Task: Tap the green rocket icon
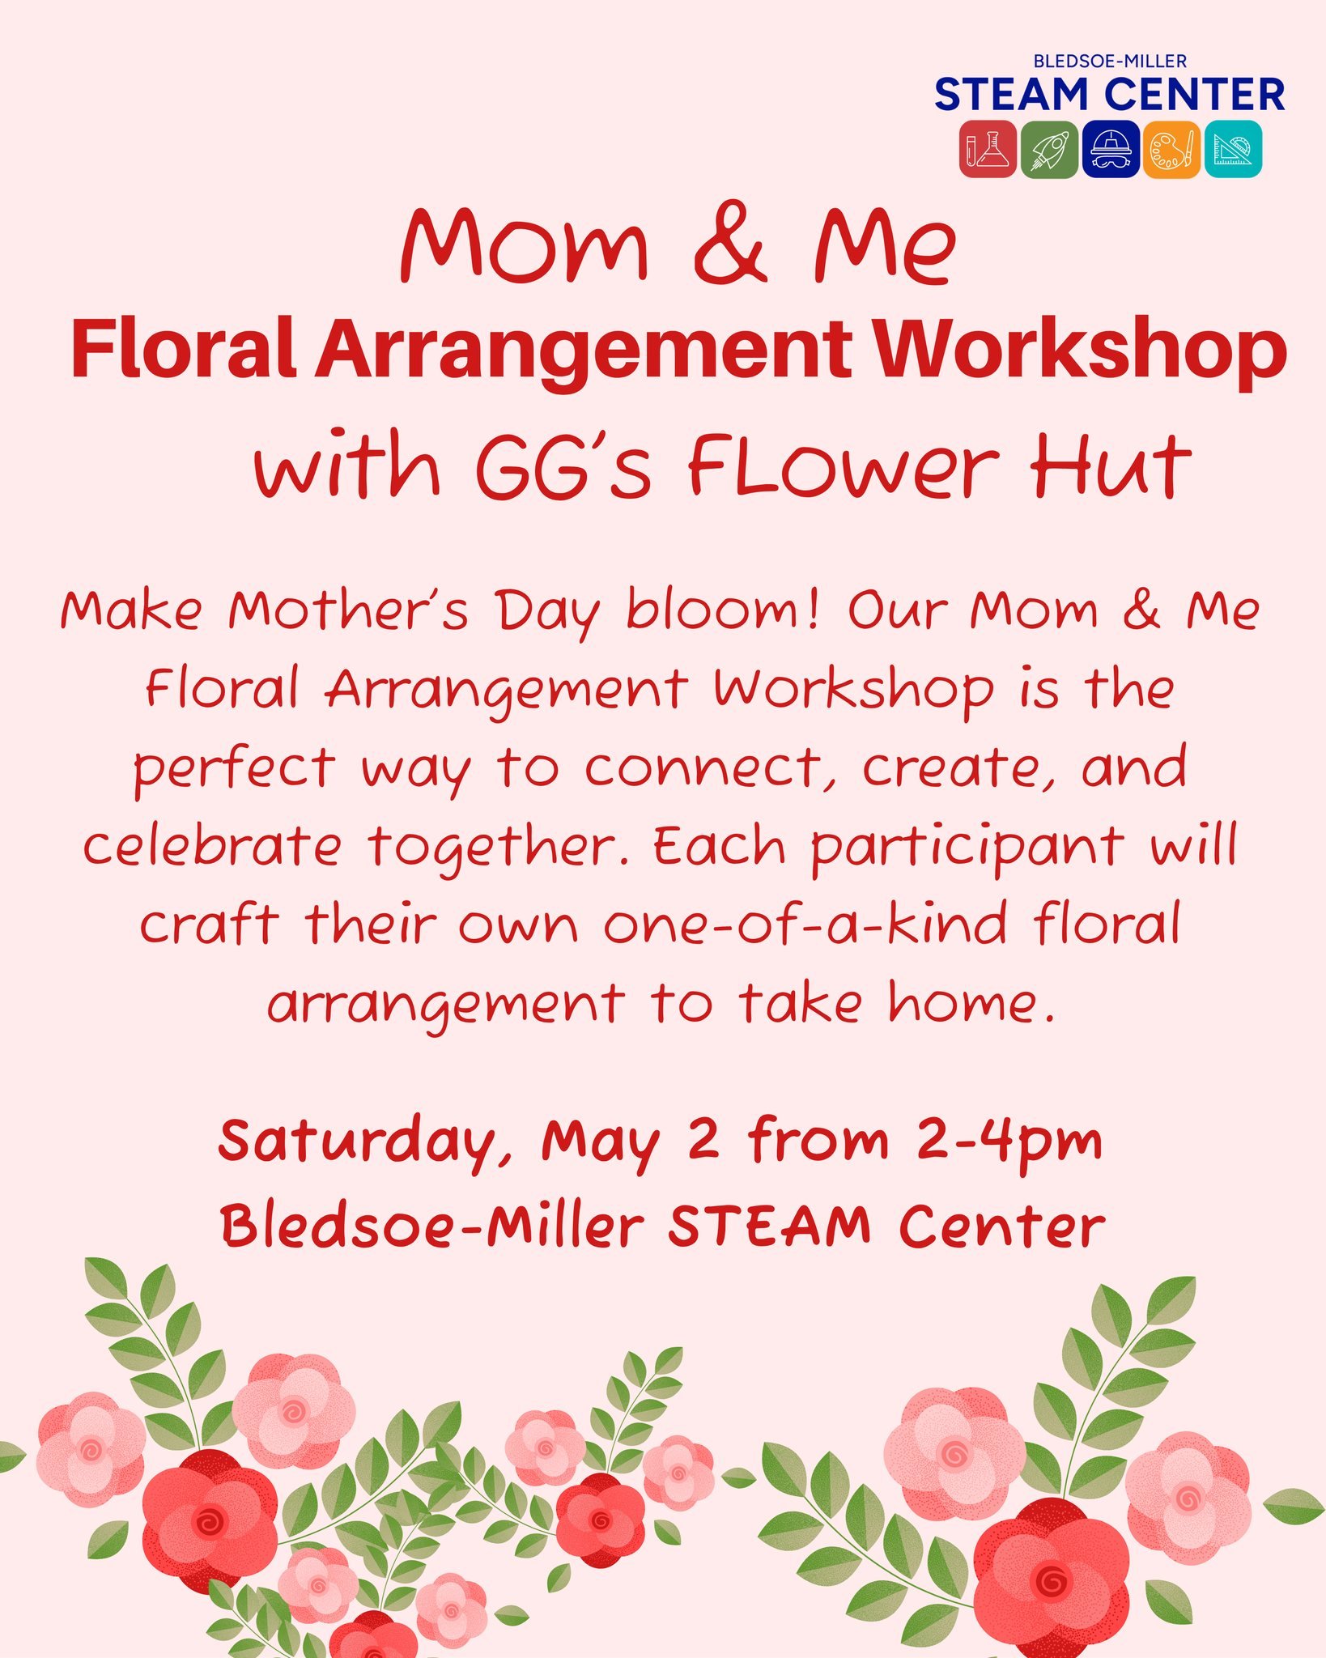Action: [x=1049, y=149]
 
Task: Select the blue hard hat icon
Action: [x=1111, y=149]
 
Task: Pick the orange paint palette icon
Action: [x=1171, y=149]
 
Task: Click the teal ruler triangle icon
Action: [x=1233, y=149]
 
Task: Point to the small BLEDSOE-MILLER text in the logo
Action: [x=1110, y=61]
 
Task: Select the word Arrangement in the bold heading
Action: [x=584, y=351]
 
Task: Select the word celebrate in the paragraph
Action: [x=212, y=846]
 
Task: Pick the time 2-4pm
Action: [x=1009, y=1141]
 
